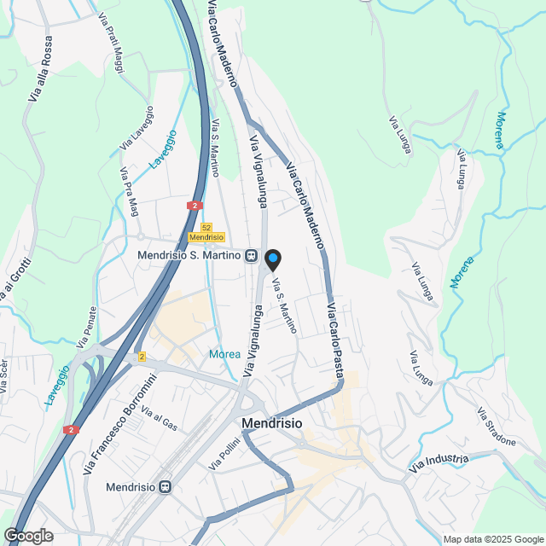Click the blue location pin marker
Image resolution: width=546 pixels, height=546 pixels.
(273, 259)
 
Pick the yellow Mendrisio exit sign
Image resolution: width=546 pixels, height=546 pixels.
(206, 237)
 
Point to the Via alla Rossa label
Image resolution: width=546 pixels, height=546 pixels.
(41, 68)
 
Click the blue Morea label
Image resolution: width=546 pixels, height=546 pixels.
(224, 354)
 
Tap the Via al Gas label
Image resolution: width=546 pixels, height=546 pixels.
(160, 419)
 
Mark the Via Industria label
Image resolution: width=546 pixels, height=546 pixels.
(439, 463)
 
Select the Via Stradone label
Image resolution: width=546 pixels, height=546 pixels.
(497, 427)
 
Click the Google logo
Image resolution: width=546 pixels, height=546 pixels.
(27, 536)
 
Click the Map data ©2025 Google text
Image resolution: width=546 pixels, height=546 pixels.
(492, 539)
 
